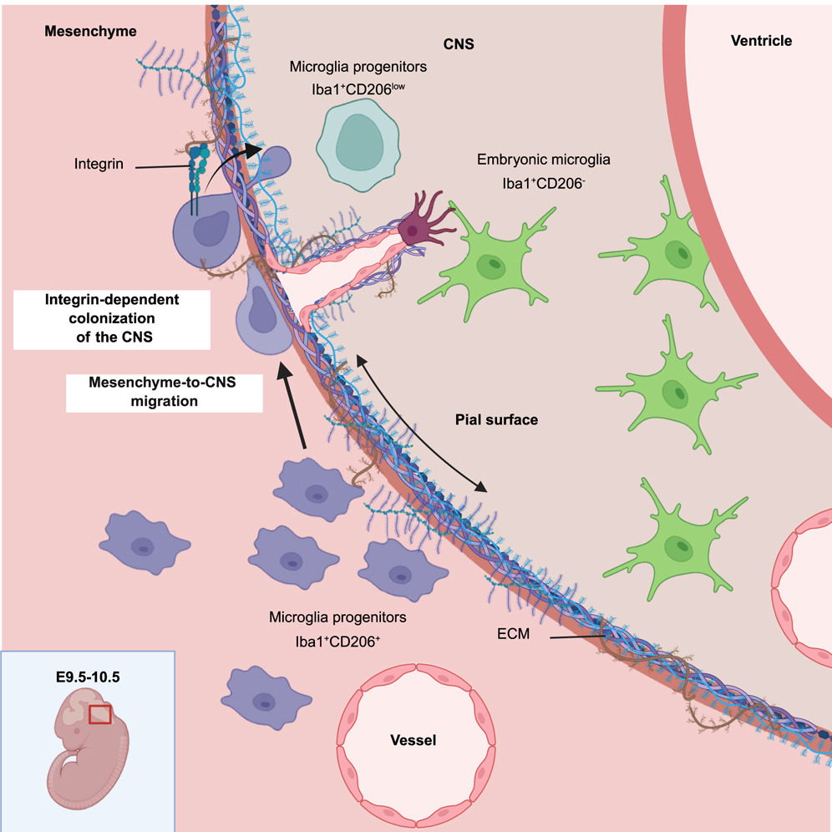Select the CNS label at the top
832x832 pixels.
point(459,43)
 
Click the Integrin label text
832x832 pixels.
point(98,165)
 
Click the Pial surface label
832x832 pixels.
point(497,420)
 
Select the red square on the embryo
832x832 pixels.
point(100,715)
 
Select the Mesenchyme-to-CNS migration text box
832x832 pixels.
point(164,393)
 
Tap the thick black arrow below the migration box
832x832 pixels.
point(295,405)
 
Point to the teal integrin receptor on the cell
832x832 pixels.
point(196,171)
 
